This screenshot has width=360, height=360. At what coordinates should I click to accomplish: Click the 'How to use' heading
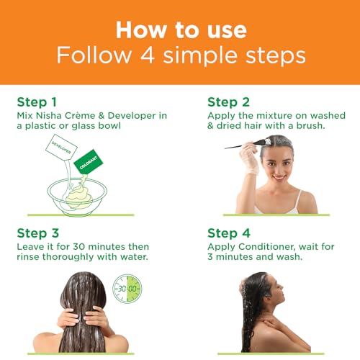click(181, 30)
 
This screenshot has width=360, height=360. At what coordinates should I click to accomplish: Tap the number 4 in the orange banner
click(147, 55)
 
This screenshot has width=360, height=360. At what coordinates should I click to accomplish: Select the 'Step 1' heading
click(37, 102)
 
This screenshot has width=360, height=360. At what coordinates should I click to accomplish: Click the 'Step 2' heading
click(228, 102)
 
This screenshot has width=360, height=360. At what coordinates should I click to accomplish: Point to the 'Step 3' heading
click(38, 233)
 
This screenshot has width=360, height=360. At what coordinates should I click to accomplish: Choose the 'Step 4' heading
click(229, 233)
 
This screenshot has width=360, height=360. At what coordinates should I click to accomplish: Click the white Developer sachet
click(61, 147)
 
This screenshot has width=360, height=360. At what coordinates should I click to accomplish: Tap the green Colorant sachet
click(89, 162)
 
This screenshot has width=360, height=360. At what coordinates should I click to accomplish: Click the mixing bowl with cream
click(77, 196)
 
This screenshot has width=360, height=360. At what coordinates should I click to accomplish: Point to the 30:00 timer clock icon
click(127, 289)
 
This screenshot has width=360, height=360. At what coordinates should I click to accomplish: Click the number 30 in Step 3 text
click(79, 247)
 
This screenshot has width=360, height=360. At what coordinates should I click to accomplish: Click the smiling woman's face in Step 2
click(278, 166)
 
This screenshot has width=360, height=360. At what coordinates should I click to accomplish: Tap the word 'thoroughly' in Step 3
click(68, 257)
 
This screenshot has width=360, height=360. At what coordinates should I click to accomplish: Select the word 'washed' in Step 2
click(328, 116)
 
